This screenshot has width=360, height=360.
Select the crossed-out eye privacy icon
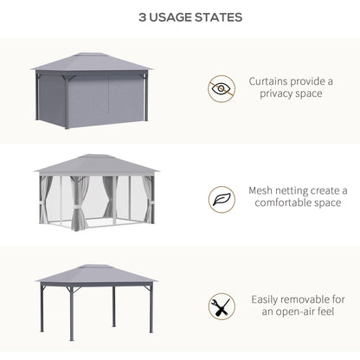tap(222, 88)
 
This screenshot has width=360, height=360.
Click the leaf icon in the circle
tap(222, 198)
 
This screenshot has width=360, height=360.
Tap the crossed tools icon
tap(222, 306)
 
